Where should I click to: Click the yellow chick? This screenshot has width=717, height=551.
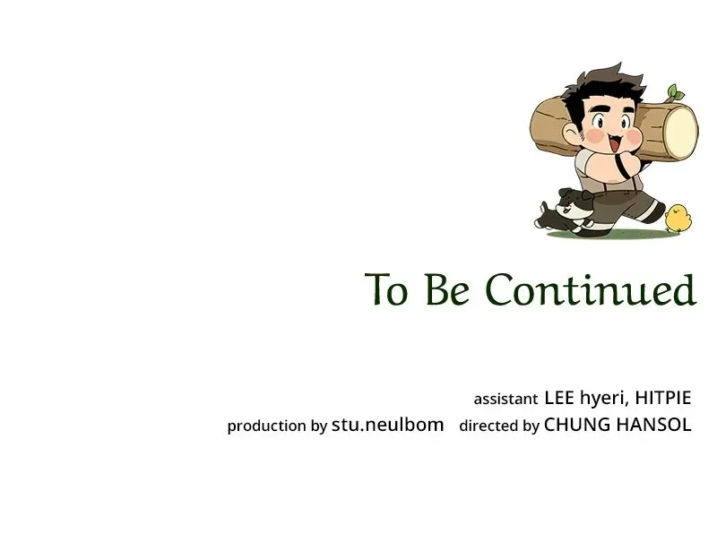[x=678, y=218]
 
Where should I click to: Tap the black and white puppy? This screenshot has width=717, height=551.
[x=565, y=211]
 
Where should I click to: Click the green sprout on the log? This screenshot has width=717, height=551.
[x=675, y=93]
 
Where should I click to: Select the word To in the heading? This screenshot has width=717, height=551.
[x=385, y=289]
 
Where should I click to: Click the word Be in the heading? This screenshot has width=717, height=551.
[x=446, y=289]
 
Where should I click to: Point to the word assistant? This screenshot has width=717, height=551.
[x=505, y=400]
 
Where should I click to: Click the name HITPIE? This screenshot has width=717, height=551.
[x=663, y=398]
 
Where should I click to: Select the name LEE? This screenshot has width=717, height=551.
[x=559, y=398]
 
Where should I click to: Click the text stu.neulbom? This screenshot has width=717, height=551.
[x=388, y=425]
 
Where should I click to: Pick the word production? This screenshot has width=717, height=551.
[x=266, y=426]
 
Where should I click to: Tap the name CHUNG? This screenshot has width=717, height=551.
[x=577, y=425]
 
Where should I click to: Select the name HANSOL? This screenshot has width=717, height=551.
[x=654, y=425]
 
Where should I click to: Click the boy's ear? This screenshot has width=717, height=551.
[x=570, y=132]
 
